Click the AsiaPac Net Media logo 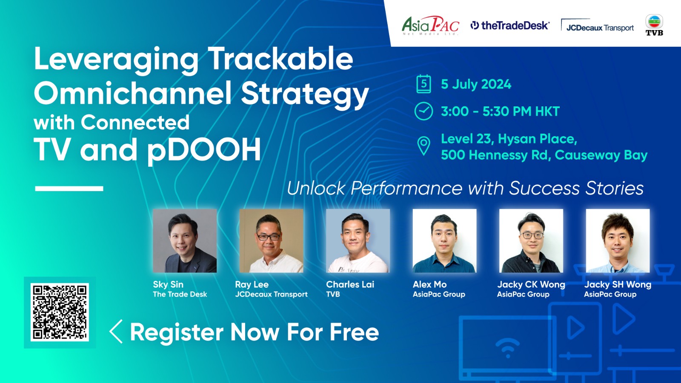[430, 26]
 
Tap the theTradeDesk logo [510, 26]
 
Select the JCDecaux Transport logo [598, 26]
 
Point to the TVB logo [654, 25]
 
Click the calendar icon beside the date [423, 84]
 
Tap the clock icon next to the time [423, 111]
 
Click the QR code [60, 312]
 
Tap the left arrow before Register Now [116, 332]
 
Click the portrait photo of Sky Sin [185, 240]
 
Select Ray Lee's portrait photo [271, 240]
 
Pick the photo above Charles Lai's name [358, 240]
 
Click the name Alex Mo [429, 285]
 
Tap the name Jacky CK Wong [531, 285]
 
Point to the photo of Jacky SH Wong [618, 240]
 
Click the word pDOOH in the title [204, 150]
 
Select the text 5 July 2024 [476, 84]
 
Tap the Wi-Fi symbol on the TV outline [508, 347]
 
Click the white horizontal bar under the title [69, 189]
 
